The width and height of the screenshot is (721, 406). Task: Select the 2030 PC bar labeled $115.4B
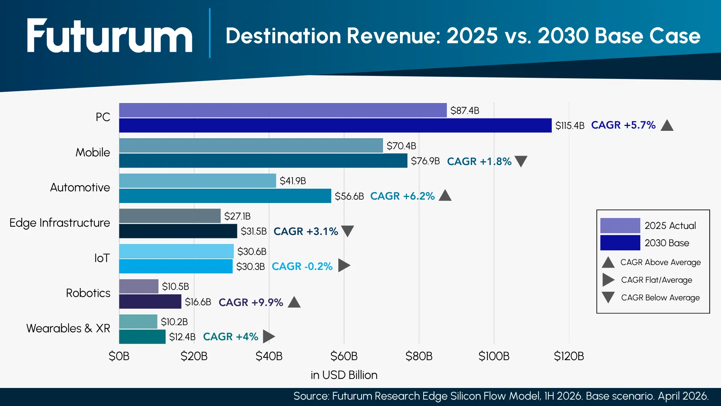335,126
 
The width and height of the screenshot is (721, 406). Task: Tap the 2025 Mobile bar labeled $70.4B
251,145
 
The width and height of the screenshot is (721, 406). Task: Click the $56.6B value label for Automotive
349,196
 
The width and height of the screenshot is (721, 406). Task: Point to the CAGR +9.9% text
250,302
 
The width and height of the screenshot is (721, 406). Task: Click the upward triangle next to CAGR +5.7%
667,126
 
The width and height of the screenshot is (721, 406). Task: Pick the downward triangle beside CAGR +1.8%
521,161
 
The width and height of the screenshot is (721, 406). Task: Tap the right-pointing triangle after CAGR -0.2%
344,265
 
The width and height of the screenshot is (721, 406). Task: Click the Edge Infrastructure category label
60,223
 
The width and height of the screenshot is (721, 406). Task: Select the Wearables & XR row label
68,328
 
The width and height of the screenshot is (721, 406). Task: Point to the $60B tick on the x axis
344,356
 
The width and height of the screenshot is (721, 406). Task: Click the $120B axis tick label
569,356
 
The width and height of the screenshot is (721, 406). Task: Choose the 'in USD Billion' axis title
344,375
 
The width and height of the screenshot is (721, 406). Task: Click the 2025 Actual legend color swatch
620,226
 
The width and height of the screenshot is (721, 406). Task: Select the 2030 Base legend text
667,243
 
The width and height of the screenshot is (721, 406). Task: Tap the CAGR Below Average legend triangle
608,297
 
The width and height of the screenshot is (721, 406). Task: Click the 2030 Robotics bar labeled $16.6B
150,301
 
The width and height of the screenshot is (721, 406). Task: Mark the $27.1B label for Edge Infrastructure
237,216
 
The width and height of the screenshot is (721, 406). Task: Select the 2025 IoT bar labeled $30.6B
176,251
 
